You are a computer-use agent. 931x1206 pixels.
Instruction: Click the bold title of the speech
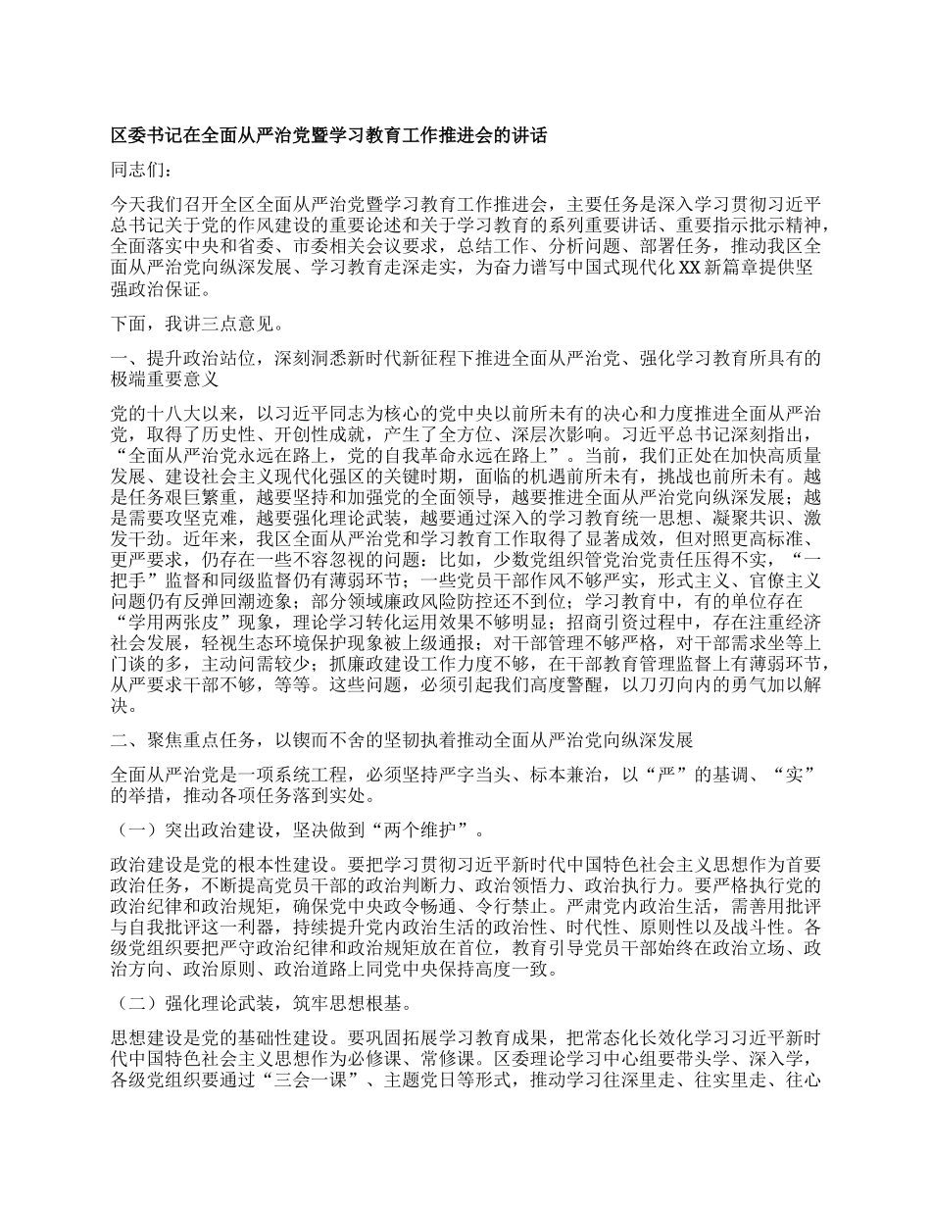point(328,137)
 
